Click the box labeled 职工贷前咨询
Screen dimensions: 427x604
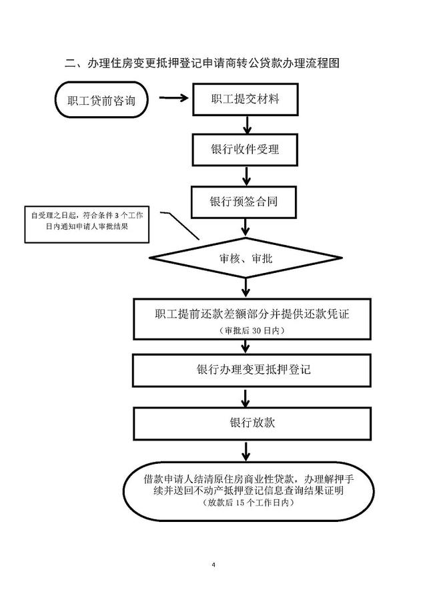(x=101, y=99)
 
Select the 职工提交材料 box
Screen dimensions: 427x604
(x=246, y=99)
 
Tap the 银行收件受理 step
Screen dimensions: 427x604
(x=245, y=149)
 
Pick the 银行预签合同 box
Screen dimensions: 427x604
(x=244, y=202)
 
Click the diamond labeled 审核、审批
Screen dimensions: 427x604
(x=246, y=258)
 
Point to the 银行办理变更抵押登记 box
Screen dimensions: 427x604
(x=252, y=370)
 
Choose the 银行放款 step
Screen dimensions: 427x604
(x=252, y=423)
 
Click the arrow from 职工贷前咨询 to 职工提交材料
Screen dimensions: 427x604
(x=173, y=98)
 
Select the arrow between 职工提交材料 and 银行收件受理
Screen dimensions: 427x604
(x=247, y=124)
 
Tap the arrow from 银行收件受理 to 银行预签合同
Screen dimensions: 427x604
(x=246, y=176)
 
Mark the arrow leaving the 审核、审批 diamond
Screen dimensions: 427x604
(x=246, y=288)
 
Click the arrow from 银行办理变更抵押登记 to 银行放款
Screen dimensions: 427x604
(x=246, y=398)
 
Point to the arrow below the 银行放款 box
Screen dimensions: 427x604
(x=246, y=451)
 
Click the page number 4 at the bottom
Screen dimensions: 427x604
(x=213, y=565)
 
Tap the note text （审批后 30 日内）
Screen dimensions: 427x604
(x=252, y=330)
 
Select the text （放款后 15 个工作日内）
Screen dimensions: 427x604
(x=248, y=503)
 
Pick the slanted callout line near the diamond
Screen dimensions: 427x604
(x=180, y=225)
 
